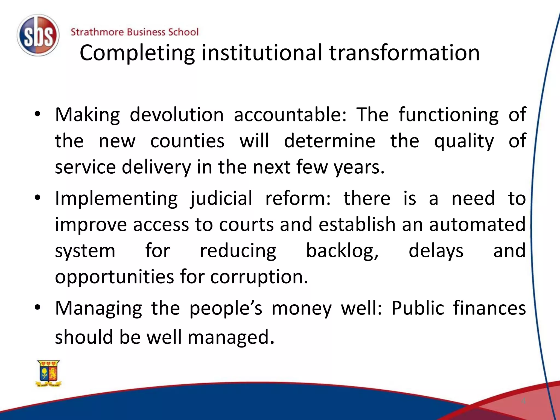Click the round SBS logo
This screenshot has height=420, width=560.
(38, 35)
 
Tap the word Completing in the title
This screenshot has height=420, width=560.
(137, 53)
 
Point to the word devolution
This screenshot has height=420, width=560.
(177, 115)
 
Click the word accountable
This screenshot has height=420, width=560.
(290, 115)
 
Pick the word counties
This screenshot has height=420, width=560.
(187, 141)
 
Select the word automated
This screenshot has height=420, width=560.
(477, 224)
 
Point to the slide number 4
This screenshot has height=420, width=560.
(523, 401)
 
